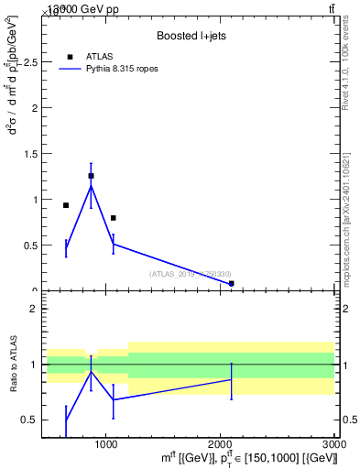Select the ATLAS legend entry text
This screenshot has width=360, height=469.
(x=100, y=57)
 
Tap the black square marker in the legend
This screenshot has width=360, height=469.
(x=71, y=57)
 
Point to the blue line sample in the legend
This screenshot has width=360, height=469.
(x=71, y=69)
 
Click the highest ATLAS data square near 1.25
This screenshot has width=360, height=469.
(x=91, y=176)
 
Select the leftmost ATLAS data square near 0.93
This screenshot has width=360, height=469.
(x=66, y=205)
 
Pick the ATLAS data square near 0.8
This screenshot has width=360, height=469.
(x=113, y=218)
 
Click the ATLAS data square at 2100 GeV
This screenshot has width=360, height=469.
(x=231, y=284)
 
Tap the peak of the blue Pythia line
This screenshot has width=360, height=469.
(x=91, y=186)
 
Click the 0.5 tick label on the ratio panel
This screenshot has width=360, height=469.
(x=29, y=420)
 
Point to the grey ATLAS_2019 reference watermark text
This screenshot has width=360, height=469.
(x=191, y=274)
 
